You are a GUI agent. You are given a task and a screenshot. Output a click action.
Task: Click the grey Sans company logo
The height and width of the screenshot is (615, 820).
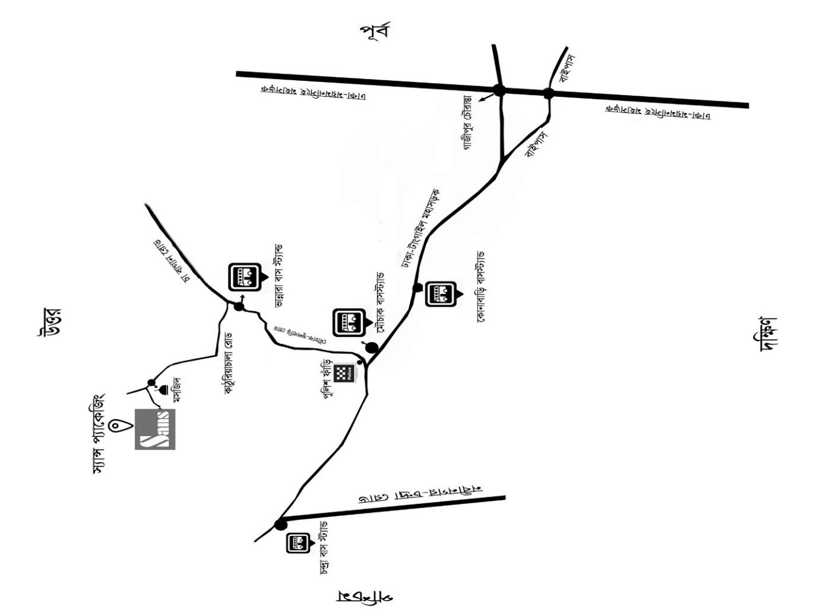[155, 429]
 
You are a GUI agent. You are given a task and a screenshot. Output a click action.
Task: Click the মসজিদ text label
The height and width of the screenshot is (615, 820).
[176, 390]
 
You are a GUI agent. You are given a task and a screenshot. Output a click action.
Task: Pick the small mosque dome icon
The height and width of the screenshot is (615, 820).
[162, 390]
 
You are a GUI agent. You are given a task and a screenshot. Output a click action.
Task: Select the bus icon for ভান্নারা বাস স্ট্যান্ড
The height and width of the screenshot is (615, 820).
[244, 277]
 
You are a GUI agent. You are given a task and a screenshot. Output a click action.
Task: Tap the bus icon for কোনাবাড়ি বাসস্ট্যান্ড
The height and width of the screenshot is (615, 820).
[441, 294]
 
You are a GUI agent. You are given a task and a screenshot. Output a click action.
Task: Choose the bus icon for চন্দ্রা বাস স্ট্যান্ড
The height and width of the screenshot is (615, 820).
[297, 543]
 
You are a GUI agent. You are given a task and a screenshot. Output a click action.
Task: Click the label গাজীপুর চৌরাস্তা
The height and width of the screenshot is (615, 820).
[468, 122]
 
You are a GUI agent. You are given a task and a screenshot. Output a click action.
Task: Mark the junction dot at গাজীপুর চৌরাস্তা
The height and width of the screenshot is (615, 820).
[499, 90]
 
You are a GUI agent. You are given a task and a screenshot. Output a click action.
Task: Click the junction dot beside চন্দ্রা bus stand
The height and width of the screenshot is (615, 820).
[280, 524]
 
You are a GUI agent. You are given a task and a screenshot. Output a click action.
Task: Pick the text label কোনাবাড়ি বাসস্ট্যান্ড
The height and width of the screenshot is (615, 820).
[481, 286]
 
